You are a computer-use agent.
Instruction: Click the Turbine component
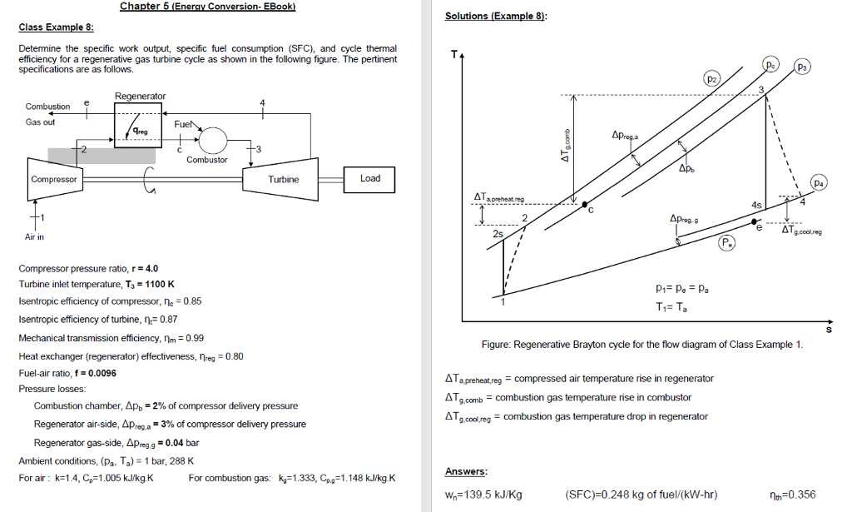283,179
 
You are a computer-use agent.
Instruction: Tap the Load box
370,178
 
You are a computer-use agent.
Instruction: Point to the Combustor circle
211,139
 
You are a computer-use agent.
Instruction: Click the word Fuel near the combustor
182,123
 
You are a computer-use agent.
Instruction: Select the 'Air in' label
35,237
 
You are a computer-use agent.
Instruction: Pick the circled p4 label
820,182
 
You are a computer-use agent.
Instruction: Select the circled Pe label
726,243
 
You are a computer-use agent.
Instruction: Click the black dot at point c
586,204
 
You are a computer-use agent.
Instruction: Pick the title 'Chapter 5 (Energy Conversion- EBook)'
208,7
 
